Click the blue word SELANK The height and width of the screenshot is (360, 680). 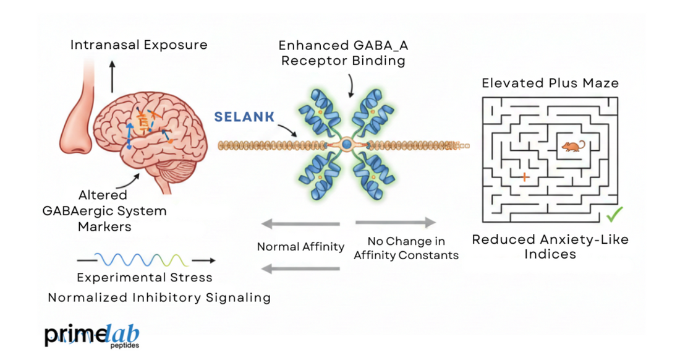tap(245, 117)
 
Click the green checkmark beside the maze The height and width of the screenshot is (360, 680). tap(614, 215)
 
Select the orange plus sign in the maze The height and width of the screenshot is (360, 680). tap(525, 177)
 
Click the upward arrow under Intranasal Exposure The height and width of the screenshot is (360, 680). tap(112, 76)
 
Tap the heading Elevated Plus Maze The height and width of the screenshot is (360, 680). tap(550, 83)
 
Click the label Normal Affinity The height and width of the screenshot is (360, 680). tap(300, 247)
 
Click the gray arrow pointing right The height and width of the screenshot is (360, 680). tap(396, 223)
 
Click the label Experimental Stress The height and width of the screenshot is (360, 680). tap(145, 278)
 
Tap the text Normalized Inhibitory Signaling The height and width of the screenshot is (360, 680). tap(159, 298)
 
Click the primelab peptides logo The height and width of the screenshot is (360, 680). tap(91, 335)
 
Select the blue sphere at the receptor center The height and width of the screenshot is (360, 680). tap(347, 145)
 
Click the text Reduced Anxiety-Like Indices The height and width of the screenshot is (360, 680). tap(550, 246)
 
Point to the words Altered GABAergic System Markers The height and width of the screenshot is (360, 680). tap(104, 210)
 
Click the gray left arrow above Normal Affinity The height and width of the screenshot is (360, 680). tap(300, 223)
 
